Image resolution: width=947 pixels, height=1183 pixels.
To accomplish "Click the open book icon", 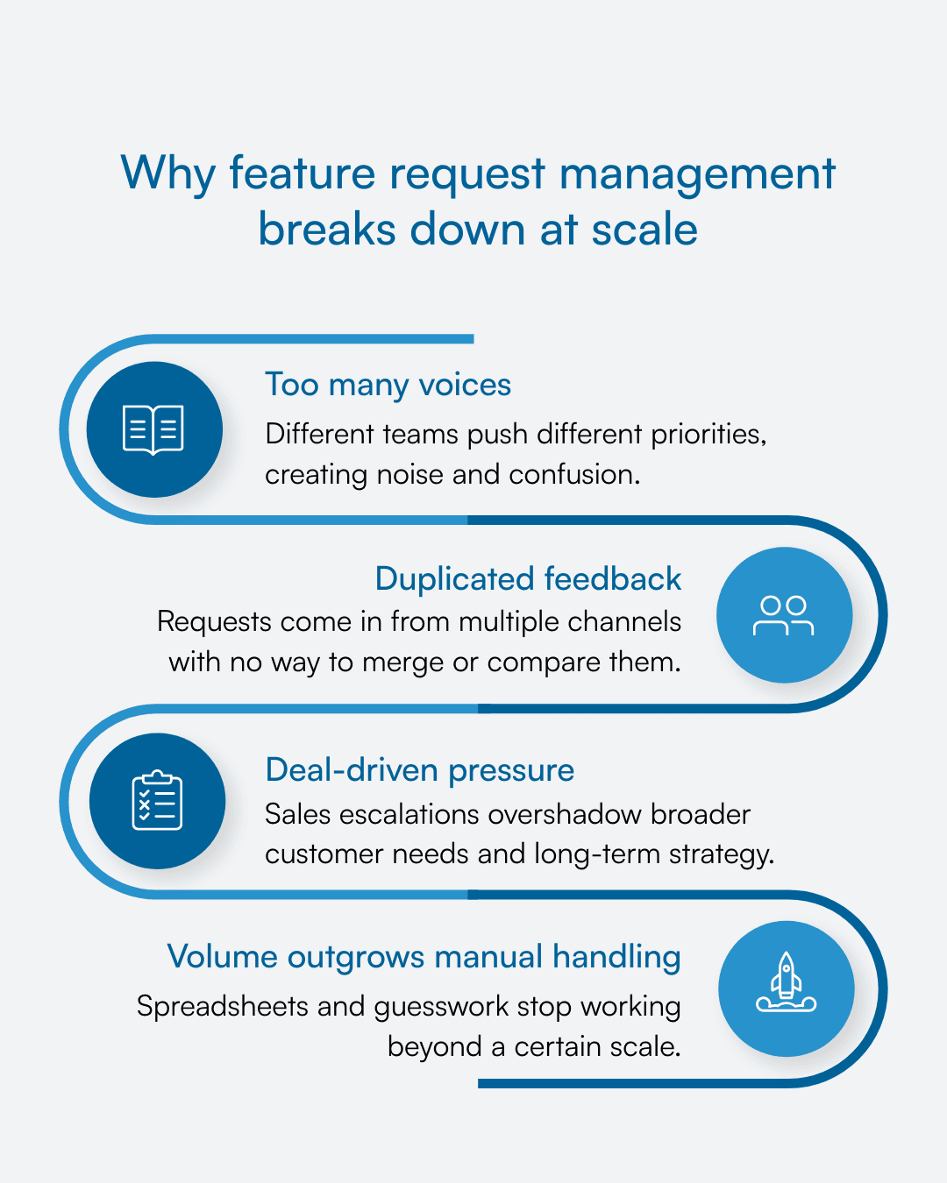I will point(153,429).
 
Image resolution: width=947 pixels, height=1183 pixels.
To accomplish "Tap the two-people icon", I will point(784,615).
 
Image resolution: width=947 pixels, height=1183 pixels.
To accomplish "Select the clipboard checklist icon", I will point(157,801).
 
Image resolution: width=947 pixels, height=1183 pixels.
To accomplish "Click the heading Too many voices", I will point(388,385).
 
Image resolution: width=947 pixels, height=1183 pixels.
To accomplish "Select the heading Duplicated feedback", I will point(528,579).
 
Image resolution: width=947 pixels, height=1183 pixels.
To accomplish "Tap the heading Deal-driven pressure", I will point(419,769).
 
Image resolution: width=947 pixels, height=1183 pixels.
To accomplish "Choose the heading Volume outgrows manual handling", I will point(424,957).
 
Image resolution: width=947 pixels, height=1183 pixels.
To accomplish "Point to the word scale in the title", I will point(644,230).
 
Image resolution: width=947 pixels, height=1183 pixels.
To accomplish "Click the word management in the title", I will point(697,174).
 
